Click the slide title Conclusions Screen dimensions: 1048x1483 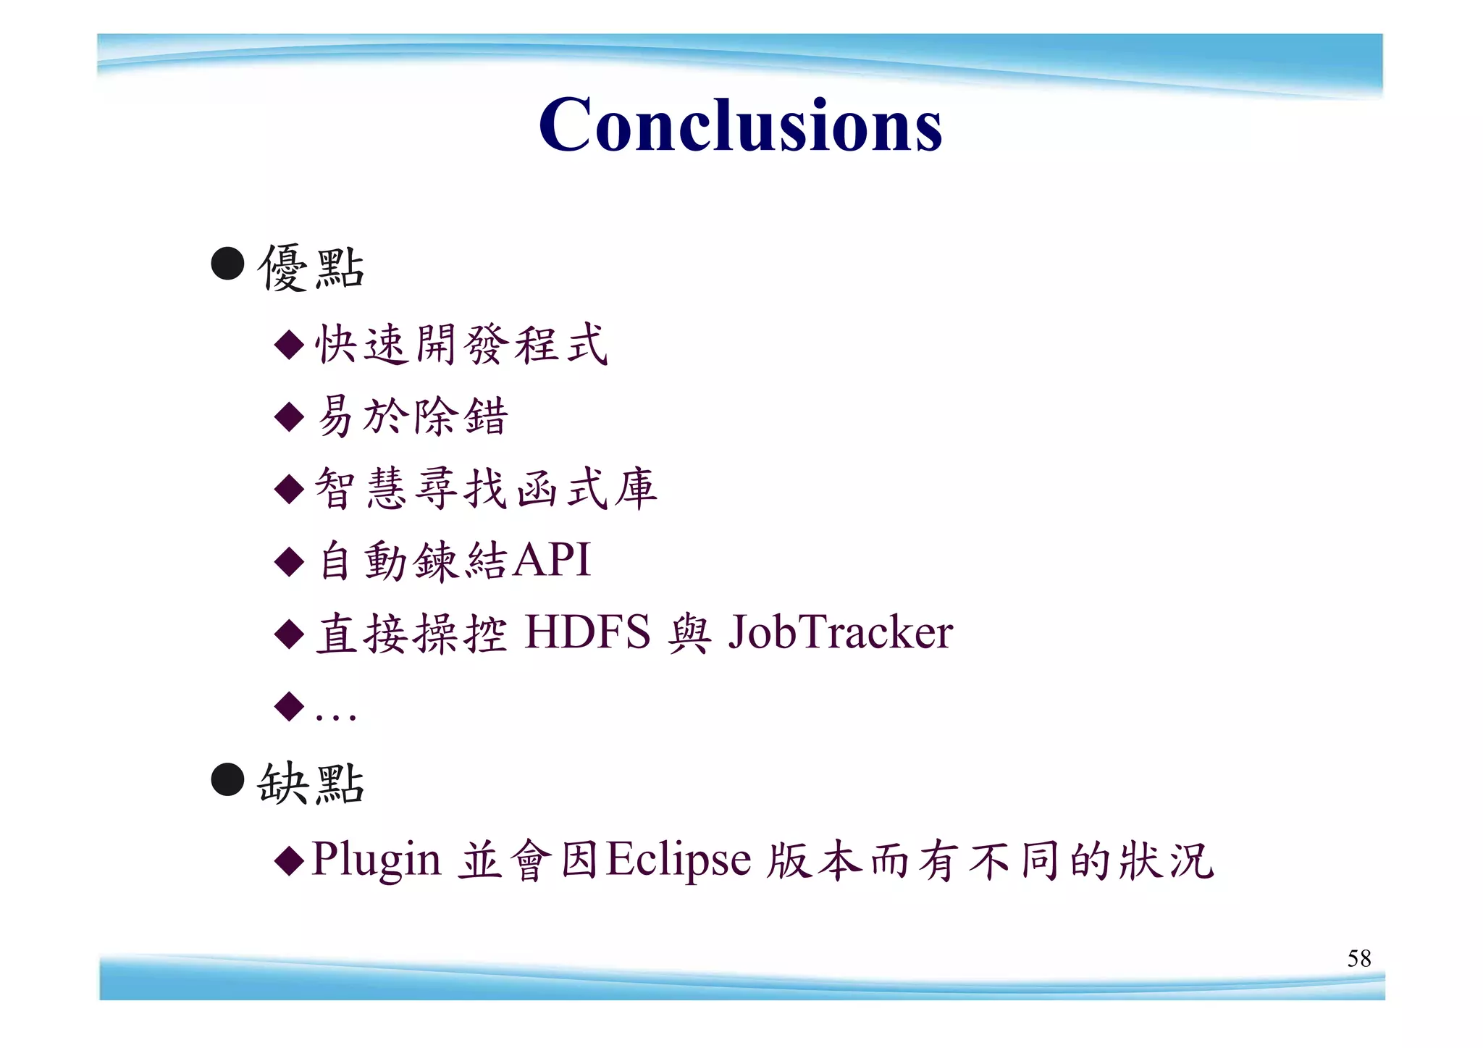point(740,125)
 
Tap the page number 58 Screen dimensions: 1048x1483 point(1358,958)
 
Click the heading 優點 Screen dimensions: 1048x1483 point(311,268)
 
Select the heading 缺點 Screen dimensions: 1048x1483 point(311,784)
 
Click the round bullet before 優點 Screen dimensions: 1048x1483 point(227,264)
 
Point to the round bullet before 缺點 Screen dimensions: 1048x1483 point(227,779)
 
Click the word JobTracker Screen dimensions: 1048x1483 point(840,632)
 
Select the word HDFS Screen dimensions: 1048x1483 point(587,632)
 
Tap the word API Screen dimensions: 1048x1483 point(551,560)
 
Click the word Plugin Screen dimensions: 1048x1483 point(375,860)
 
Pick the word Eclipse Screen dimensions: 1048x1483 point(678,860)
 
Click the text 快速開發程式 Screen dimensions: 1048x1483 point(461,344)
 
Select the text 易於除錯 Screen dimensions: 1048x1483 point(412,416)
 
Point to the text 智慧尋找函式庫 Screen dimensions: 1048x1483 point(486,488)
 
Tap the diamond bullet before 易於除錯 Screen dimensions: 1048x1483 point(290,416)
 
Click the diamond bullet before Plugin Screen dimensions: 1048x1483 point(290,860)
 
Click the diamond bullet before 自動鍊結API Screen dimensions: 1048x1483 point(290,561)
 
